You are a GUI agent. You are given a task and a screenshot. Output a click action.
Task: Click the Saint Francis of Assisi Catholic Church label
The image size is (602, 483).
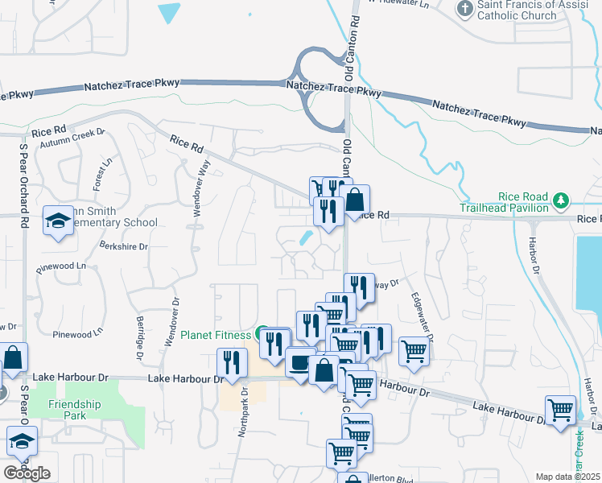[527, 10]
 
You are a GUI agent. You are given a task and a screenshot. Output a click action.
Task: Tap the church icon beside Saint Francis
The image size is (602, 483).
[465, 9]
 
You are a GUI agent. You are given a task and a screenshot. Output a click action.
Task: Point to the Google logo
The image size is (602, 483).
[27, 473]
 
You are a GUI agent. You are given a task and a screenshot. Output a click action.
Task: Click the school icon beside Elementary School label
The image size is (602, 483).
[58, 222]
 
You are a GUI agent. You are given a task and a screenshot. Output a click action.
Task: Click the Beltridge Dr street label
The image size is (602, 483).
[140, 337]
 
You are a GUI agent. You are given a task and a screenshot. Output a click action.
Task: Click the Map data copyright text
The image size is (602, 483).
[567, 477]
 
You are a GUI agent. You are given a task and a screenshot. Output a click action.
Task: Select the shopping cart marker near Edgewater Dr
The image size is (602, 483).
[414, 351]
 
